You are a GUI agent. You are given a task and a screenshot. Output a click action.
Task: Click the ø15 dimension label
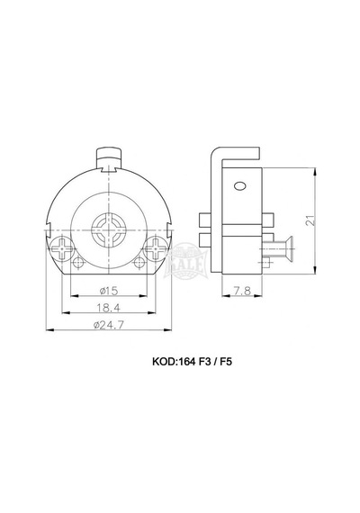point(109,290)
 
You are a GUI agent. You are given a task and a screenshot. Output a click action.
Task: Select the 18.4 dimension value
point(109,308)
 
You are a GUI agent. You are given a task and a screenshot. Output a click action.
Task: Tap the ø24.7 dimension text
point(109,325)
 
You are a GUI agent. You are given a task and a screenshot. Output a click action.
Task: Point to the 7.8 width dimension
point(242,290)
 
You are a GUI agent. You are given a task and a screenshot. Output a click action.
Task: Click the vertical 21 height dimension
point(310,220)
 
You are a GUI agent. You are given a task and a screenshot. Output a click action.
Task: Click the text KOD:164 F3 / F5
point(192,362)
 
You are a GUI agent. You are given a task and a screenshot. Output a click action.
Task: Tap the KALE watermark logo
point(185,262)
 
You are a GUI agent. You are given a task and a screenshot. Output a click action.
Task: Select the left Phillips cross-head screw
point(62,249)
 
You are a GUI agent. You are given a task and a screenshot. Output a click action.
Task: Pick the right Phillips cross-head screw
point(156,249)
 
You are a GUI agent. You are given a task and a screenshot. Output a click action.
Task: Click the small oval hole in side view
point(240,186)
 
